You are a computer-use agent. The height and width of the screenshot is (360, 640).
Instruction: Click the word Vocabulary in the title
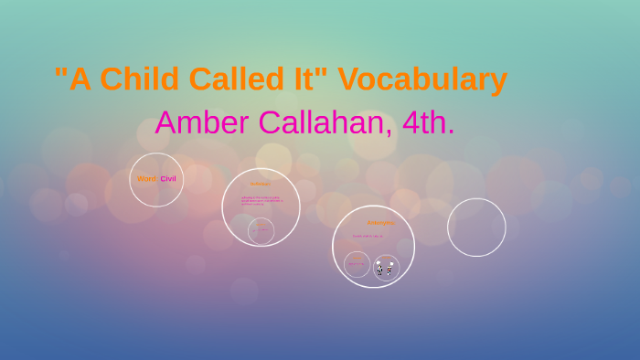pyautogui.click(x=422, y=79)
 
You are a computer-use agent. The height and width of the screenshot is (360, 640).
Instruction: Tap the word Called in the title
pyautogui.click(x=234, y=79)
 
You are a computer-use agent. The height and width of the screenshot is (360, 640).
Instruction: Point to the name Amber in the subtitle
pyautogui.click(x=197, y=122)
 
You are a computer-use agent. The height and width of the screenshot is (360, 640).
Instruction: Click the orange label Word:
pyautogui.click(x=146, y=179)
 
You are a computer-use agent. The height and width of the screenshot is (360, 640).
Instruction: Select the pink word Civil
pyautogui.click(x=168, y=179)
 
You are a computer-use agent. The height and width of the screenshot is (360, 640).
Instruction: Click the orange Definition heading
pyautogui.click(x=261, y=184)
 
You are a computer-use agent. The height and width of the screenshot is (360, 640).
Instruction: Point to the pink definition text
pyautogui.click(x=261, y=200)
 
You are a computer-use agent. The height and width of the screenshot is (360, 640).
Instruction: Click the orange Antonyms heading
pyautogui.click(x=380, y=222)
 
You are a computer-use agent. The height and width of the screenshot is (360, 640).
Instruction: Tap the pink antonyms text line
pyautogui.click(x=368, y=236)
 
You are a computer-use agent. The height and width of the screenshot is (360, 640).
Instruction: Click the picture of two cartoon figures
pyautogui.click(x=386, y=268)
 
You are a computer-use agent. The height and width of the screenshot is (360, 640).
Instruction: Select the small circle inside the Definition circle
pyautogui.click(x=261, y=230)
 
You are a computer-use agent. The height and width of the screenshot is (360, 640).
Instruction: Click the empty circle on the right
pyautogui.click(x=476, y=228)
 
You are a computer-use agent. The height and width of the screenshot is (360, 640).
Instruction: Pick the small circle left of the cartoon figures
pyautogui.click(x=357, y=264)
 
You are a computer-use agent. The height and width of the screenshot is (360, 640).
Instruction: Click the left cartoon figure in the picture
pyautogui.click(x=379, y=269)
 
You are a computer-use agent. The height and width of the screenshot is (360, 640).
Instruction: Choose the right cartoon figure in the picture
pyautogui.click(x=391, y=269)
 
